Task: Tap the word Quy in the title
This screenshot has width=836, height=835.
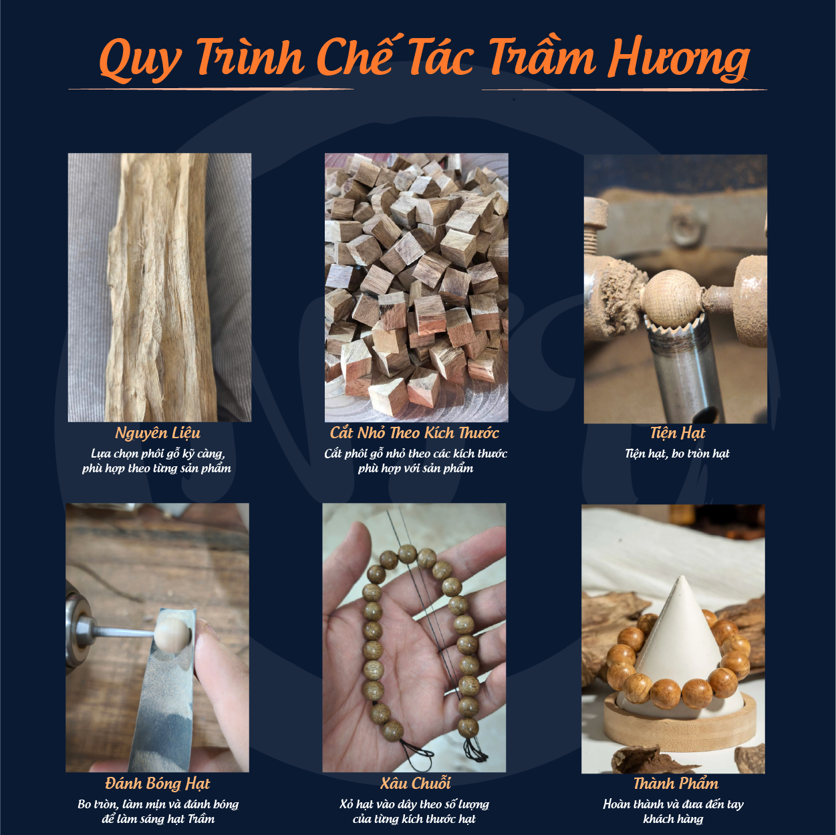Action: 140,59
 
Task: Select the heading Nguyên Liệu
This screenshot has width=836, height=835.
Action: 158,433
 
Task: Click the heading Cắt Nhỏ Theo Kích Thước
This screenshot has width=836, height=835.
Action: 415,433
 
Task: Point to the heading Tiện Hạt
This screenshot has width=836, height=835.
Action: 678,433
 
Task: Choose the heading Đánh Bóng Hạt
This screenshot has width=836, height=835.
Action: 158,784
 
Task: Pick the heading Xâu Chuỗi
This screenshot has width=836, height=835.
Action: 416,783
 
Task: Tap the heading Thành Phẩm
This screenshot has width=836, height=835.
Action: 676,784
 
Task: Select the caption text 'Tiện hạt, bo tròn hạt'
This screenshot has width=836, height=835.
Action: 677,454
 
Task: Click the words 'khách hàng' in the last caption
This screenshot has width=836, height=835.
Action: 674,819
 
